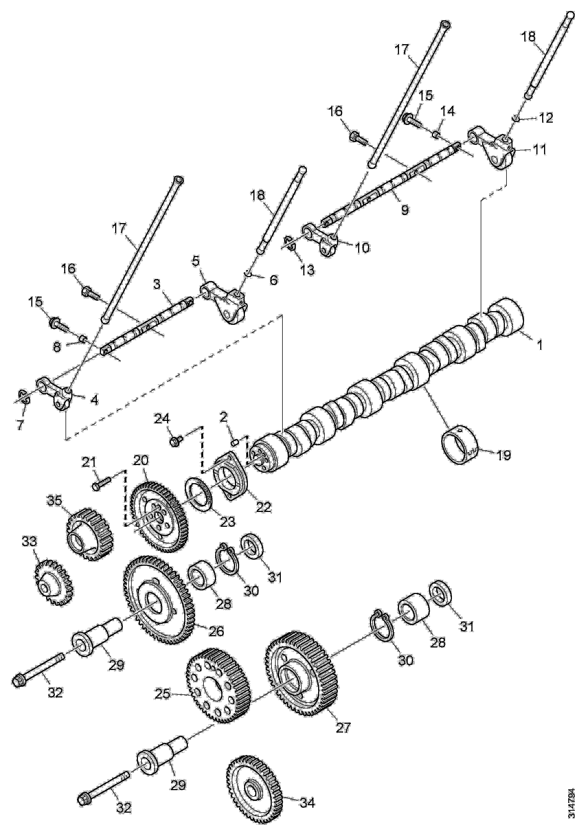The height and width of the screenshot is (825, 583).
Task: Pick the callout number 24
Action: (x=162, y=419)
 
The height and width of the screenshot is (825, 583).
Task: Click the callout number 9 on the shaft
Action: (x=405, y=210)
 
